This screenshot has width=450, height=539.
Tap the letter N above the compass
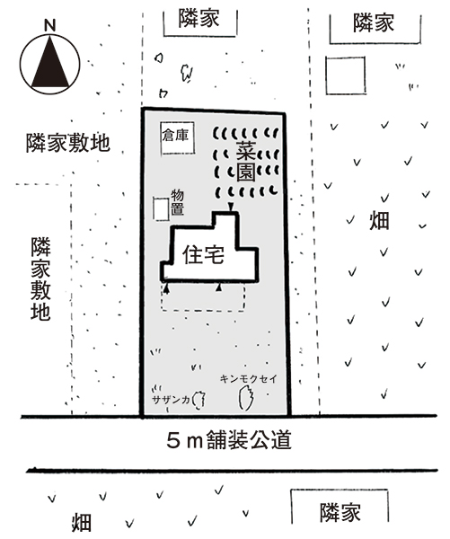pyautogui.click(x=50, y=25)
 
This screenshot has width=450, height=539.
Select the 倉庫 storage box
pyautogui.click(x=178, y=137)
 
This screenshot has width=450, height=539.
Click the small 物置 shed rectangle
pyautogui.click(x=161, y=208)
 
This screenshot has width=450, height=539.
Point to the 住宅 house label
pyautogui.click(x=203, y=255)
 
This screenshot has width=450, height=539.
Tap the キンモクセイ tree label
pyautogui.click(x=248, y=379)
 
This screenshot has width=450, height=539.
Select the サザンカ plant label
pyautogui.click(x=171, y=400)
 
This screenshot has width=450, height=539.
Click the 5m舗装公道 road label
pyautogui.click(x=229, y=441)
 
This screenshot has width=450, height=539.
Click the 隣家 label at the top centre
pyautogui.click(x=199, y=19)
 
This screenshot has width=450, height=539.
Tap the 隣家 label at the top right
pyautogui.click(x=374, y=23)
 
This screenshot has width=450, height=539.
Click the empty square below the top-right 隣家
pyautogui.click(x=346, y=75)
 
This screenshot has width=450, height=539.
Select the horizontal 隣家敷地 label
pyautogui.click(x=68, y=143)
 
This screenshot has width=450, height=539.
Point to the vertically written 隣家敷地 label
pyautogui.click(x=40, y=278)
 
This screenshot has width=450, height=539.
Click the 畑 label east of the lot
pyautogui.click(x=379, y=221)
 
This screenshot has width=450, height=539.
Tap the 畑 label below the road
pyautogui.click(x=82, y=523)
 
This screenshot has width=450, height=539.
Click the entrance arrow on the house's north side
pyautogui.click(x=231, y=208)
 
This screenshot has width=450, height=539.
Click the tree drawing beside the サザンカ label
pyautogui.click(x=199, y=400)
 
